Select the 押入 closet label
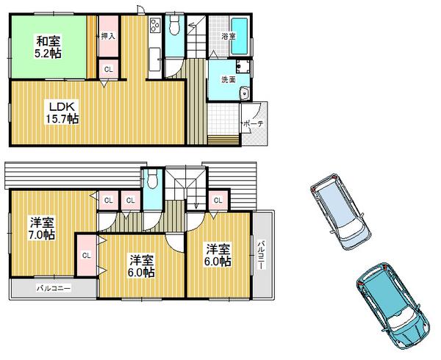pyautogui.click(x=108, y=35)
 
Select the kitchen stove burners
pyautogui.click(x=155, y=28)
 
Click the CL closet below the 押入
pyautogui.click(x=107, y=71)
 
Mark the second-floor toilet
pyautogui.click(x=153, y=181)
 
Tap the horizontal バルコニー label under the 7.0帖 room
pyautogui.click(x=54, y=289)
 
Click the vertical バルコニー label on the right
pyautogui.click(x=262, y=253)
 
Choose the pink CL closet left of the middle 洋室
pyautogui.click(x=86, y=255)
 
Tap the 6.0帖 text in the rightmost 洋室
pyautogui.click(x=218, y=261)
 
